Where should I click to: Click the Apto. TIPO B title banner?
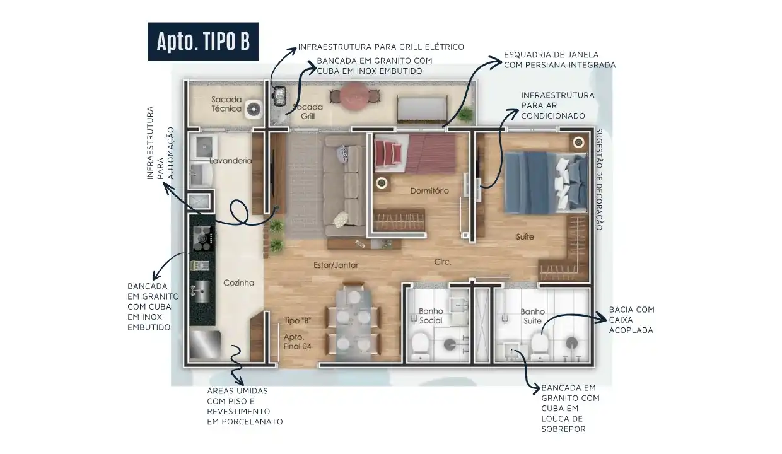click(203, 42)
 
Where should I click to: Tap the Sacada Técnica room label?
click(226, 104)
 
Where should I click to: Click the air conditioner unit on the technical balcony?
click(254, 110)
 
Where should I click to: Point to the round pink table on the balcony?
click(354, 96)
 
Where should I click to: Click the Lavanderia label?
click(230, 161)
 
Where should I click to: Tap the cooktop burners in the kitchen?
click(202, 238)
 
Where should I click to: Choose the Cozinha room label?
click(239, 282)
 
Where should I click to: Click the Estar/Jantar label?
click(336, 265)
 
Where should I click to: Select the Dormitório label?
click(429, 191)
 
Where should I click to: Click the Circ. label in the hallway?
click(443, 262)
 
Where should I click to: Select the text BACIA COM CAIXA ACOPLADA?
click(631, 320)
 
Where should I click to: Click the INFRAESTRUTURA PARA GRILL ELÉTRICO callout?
click(381, 47)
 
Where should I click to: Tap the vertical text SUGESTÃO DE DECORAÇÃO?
click(598, 179)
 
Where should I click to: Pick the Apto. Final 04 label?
click(297, 342)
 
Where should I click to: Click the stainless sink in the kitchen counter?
click(201, 291)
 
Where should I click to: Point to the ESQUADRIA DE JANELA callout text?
click(559, 60)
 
